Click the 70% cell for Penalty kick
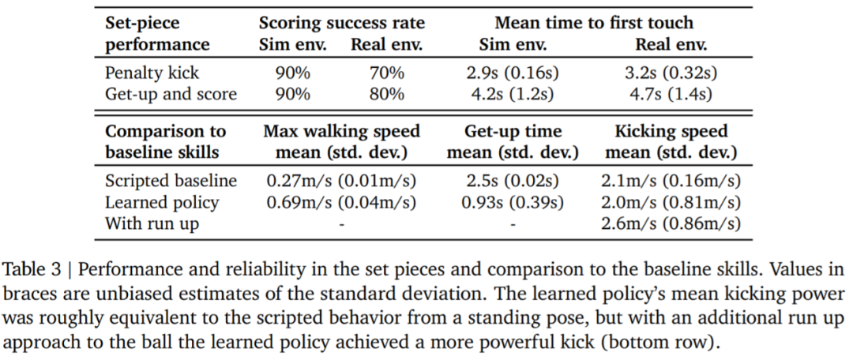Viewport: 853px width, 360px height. [387, 73]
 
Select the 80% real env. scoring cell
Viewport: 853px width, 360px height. [387, 95]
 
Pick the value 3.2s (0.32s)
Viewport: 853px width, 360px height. [671, 73]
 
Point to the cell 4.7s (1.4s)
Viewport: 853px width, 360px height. [671, 95]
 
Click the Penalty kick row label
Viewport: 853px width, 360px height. [152, 73]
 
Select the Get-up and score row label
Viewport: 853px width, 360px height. [171, 95]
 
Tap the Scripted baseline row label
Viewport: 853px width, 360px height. [171, 181]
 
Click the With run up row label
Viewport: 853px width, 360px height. [152, 223]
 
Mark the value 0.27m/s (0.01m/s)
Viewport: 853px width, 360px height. [341, 181]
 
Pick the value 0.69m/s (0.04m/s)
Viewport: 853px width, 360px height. [341, 202]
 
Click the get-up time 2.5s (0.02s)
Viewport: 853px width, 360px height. [513, 181]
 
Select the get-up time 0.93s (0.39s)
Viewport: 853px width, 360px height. [513, 202]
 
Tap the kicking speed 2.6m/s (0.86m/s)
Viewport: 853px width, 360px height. [671, 223]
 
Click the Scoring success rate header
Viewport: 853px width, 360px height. [340, 23]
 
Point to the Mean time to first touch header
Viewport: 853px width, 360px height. [594, 23]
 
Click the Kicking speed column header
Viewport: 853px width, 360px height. [671, 131]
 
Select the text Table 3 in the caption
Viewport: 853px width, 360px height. [32, 268]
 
